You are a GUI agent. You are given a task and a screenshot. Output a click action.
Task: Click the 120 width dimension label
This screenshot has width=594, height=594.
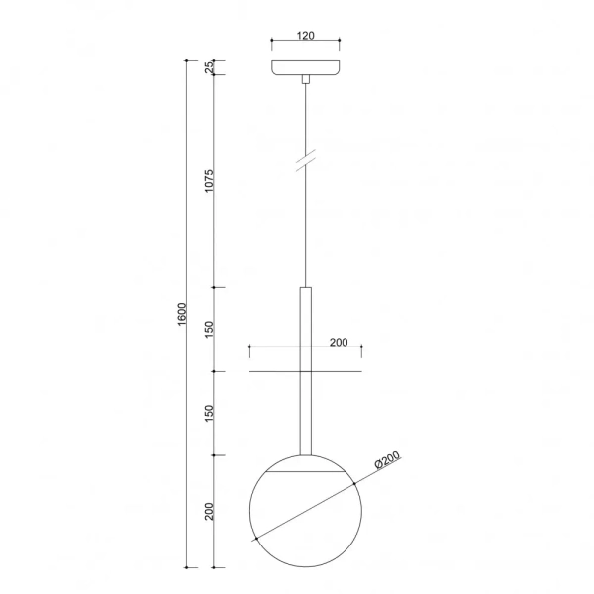pos(305,36)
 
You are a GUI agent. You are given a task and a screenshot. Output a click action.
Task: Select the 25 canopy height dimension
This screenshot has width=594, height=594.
pos(209,67)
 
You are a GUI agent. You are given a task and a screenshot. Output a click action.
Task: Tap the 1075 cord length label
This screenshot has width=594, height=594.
pos(209,181)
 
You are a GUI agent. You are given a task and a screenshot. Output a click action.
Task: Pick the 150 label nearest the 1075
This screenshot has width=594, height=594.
pos(209,330)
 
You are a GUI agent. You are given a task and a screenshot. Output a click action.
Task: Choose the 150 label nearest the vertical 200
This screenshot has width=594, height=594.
pos(209,414)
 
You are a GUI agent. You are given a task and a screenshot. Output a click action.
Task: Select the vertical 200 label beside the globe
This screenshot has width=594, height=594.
pos(209,512)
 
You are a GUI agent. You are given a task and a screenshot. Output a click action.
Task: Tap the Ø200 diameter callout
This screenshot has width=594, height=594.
pos(387,463)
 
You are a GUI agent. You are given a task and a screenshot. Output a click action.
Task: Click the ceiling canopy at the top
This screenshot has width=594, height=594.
pos(306,67)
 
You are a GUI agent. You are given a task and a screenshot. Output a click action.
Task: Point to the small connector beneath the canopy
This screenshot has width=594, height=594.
pos(306,79)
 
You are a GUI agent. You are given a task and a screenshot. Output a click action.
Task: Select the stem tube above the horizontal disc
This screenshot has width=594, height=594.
pos(306,327)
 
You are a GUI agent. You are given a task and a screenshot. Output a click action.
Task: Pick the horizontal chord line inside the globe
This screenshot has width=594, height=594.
pos(306,474)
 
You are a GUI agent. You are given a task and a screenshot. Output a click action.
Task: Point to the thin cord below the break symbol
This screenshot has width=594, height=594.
pos(306,228)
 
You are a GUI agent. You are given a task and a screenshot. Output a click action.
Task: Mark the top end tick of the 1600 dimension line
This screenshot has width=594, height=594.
pos(187,60)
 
